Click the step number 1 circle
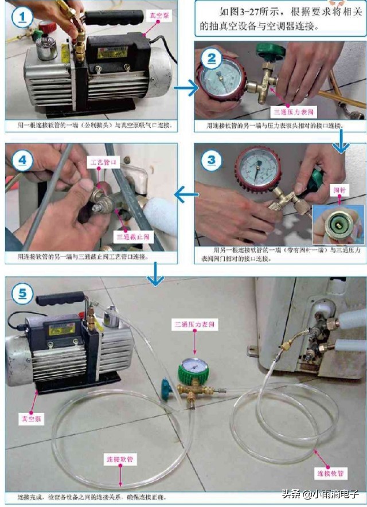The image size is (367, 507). point(22,17)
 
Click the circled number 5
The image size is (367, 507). point(22,293)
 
